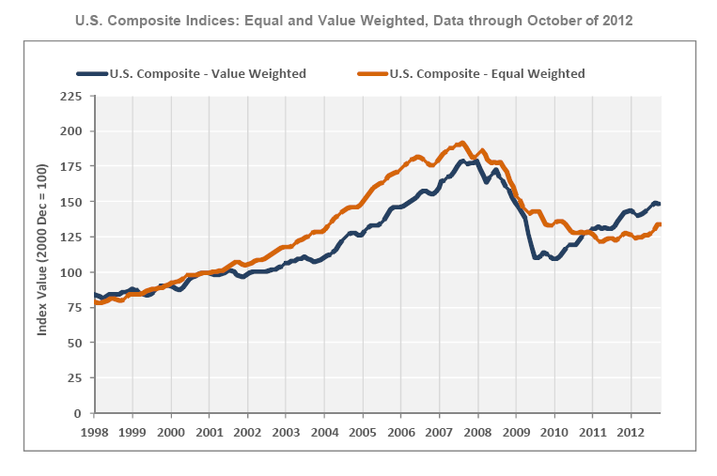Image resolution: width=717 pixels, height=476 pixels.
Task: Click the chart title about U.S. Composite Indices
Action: click(x=358, y=18)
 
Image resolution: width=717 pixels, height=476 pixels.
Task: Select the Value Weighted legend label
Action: click(x=208, y=73)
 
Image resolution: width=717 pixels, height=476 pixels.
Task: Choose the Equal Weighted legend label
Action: click(x=487, y=73)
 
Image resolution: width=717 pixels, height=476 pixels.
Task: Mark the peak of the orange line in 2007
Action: click(x=462, y=143)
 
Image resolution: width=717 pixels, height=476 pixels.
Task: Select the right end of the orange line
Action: click(x=660, y=224)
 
